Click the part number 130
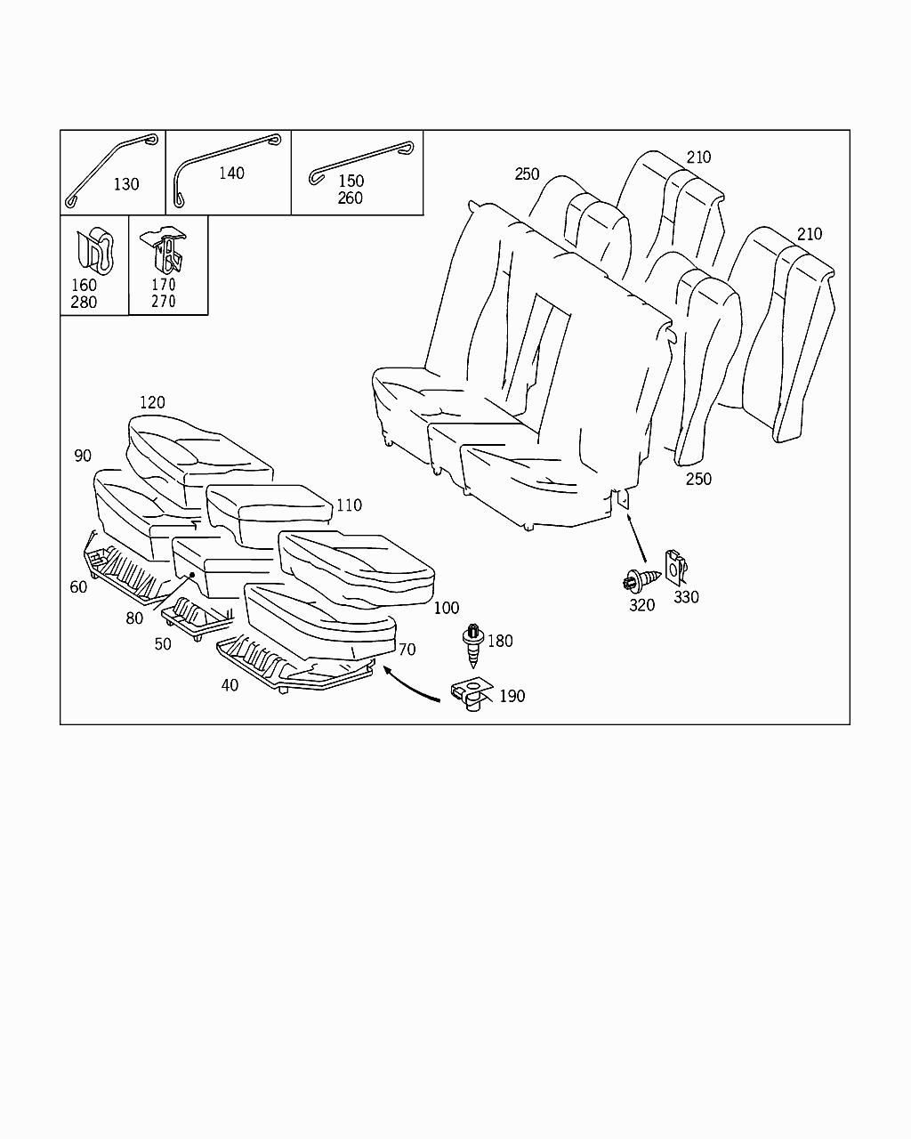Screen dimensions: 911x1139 click(125, 184)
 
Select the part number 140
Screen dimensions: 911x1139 click(231, 173)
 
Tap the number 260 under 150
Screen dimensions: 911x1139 click(350, 198)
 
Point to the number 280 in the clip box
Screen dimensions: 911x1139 click(84, 303)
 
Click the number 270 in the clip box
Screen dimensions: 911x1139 click(164, 302)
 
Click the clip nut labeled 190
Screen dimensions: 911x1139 click(472, 694)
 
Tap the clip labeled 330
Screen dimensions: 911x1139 click(678, 564)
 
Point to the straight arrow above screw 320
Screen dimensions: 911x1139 click(638, 538)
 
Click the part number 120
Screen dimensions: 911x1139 click(152, 402)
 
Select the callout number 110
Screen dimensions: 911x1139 click(349, 505)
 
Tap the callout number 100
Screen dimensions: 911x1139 click(447, 608)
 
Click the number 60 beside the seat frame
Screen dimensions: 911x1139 click(78, 586)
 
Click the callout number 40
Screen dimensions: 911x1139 click(230, 685)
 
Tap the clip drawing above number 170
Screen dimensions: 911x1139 click(167, 250)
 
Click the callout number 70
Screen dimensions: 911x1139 click(407, 650)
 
